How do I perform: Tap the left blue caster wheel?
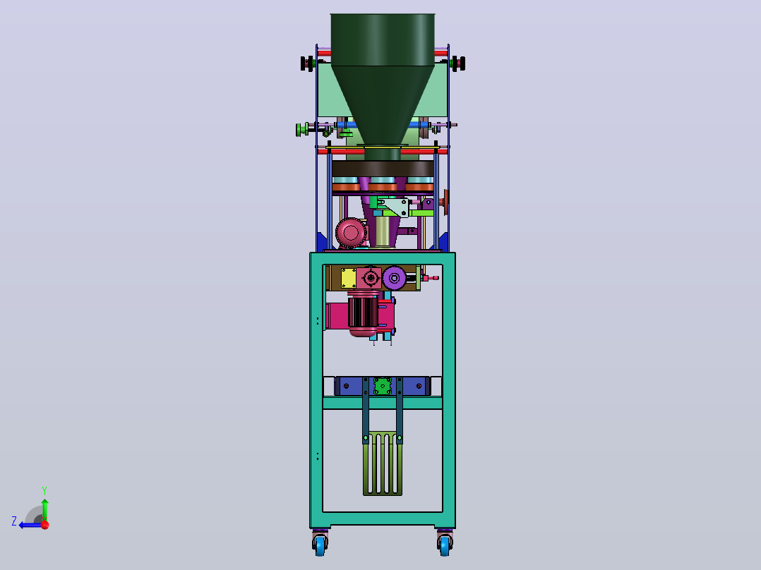click(x=319, y=545)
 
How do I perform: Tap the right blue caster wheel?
click(x=445, y=545)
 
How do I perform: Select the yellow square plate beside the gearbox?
click(x=349, y=278)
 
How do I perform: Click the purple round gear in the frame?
click(x=394, y=278)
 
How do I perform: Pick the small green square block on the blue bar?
click(x=383, y=386)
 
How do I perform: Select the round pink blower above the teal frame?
click(x=350, y=233)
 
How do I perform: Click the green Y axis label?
click(x=44, y=491)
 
